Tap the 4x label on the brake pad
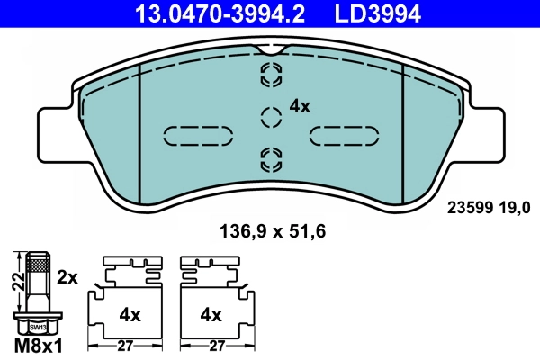point(300,106)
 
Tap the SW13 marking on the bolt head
point(35,327)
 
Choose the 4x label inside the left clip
point(130,315)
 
